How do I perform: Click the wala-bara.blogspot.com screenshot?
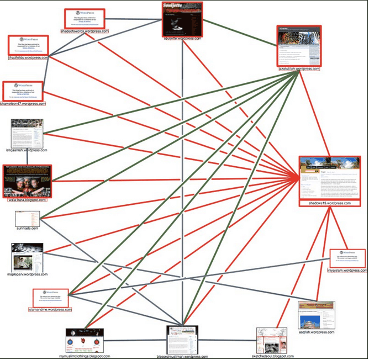pyautogui.click(x=26, y=180)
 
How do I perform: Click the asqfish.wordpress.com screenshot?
pyautogui.click(x=316, y=315)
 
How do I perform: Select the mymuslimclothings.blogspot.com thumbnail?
pyautogui.click(x=85, y=340)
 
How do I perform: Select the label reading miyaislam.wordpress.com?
pyautogui.click(x=346, y=271)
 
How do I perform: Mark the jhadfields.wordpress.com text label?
pyautogui.click(x=28, y=57)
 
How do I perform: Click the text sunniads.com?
pyautogui.click(x=26, y=228)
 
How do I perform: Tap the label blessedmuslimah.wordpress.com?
pyautogui.click(x=182, y=356)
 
